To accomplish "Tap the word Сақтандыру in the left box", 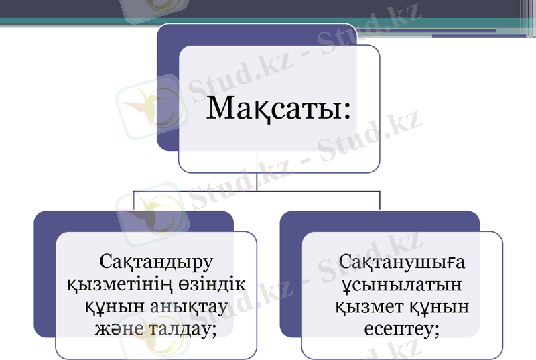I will click(x=155, y=259).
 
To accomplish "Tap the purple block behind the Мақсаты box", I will click(x=167, y=80).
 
